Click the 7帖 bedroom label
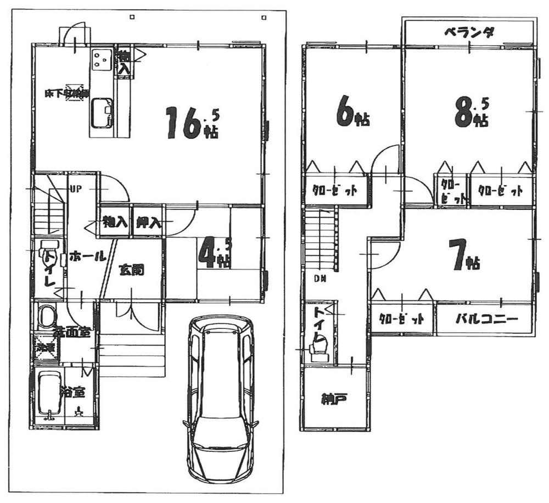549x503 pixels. [464, 257]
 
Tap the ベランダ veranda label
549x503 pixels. [469, 32]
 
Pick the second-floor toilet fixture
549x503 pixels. [318, 346]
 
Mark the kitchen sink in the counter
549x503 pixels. [102, 113]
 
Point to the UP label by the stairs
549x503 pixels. [75, 189]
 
